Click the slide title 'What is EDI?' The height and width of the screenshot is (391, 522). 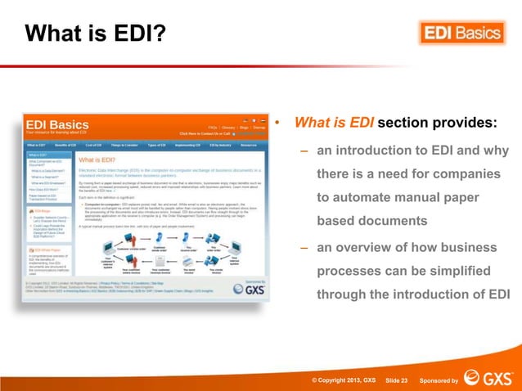click(95, 34)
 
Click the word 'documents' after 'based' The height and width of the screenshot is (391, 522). click(394, 222)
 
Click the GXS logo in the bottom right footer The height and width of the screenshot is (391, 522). click(488, 378)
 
